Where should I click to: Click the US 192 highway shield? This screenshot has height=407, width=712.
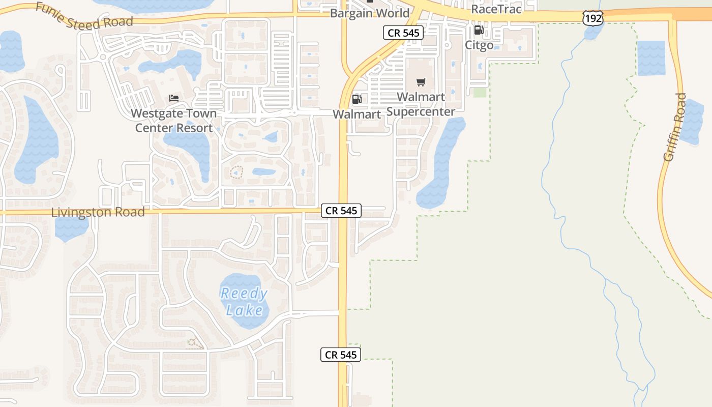593,19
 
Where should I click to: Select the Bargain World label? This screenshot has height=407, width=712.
370,13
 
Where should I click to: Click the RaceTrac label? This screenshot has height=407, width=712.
496,9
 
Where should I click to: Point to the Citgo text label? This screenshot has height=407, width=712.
479,45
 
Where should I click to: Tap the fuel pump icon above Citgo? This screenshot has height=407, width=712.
479,30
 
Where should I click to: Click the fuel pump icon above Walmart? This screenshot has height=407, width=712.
357,99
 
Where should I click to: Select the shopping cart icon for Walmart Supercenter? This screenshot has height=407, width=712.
421,82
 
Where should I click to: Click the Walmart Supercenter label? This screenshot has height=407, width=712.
421,104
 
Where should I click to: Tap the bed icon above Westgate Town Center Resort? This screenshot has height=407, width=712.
174,98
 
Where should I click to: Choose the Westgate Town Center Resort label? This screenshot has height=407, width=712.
174,121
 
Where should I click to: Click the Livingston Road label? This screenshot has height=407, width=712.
98,212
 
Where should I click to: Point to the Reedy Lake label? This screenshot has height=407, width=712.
244,302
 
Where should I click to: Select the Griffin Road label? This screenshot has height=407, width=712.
675,127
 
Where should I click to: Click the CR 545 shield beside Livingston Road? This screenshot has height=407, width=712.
341,211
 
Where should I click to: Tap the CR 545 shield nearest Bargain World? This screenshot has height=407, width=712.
403,33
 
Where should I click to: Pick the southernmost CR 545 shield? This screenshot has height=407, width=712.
341,355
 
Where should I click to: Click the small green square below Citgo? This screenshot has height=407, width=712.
480,92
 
